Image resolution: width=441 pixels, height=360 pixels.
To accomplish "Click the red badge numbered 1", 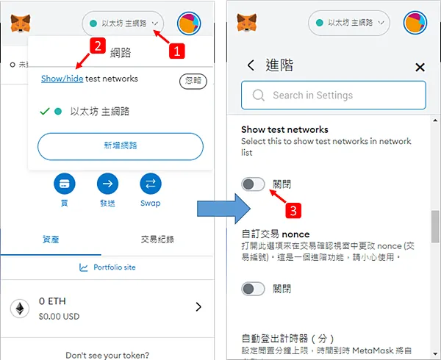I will pos(176,51).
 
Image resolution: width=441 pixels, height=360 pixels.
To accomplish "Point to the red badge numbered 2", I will pos(94,46).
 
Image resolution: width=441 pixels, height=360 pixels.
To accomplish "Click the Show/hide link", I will pos(62,78).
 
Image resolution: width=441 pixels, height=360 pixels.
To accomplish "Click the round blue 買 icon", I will pos(65,183).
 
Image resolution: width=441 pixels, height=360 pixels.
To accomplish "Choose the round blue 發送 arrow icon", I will pos(107,183).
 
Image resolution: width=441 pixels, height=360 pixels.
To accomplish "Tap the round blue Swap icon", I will pos(150,183).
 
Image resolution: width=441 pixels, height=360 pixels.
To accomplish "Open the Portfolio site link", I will pos(107,267).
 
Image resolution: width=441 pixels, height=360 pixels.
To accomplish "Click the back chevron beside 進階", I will pos(251,65).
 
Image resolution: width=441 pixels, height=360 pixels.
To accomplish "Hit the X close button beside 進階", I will pos(420,67).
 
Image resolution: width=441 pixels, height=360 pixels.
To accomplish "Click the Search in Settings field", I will pos(334,95).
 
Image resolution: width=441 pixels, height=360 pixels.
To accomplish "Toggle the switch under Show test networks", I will pos(253,184).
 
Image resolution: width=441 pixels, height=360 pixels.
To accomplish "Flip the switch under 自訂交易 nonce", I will pos(253,289).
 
